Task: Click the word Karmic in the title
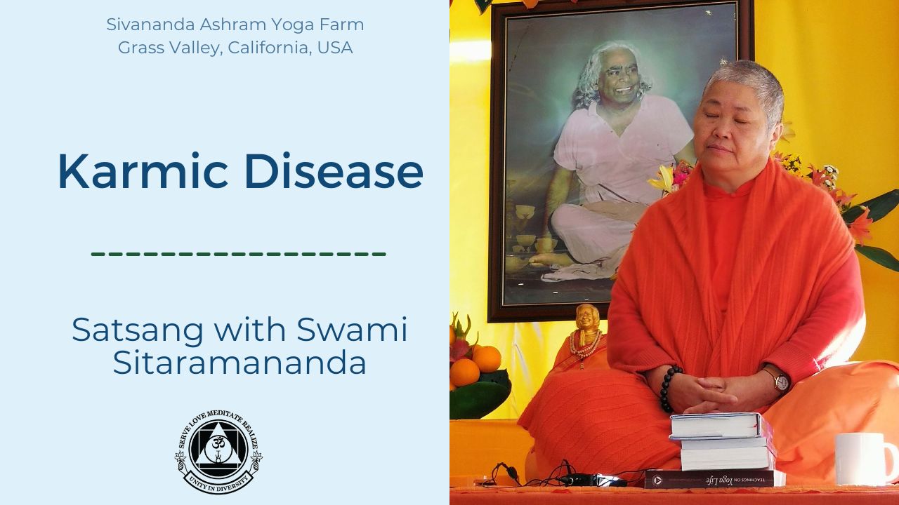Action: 143,170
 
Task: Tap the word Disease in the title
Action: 334,170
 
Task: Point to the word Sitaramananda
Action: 239,363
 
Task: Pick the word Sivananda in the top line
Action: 150,25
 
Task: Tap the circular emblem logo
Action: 218,452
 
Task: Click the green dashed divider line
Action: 238,254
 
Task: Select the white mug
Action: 866,459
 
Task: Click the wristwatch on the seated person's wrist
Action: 780,381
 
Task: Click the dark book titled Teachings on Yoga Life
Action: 714,479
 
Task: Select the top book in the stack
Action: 721,426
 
